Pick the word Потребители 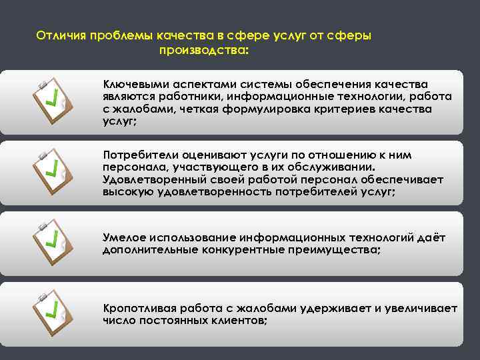point(138,155)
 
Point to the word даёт point(431,237)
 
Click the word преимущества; point(338,249)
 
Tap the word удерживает point(336,308)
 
